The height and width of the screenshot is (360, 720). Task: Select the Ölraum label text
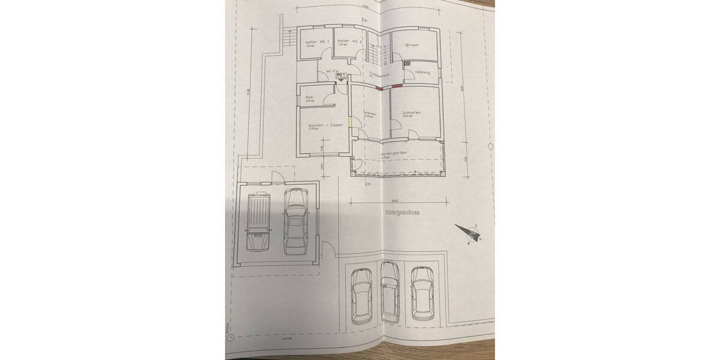click(412, 45)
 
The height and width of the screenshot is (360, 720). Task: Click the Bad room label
click(310, 97)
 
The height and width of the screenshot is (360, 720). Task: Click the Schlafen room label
click(412, 113)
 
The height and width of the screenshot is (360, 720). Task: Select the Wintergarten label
click(394, 154)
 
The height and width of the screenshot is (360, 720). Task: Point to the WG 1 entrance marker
click(341, 75)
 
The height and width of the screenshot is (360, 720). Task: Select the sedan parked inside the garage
click(295, 220)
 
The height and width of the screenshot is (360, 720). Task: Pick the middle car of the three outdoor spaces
click(391, 292)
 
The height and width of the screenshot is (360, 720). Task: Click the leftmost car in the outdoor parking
click(361, 295)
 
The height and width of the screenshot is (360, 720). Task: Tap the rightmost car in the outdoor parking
click(422, 292)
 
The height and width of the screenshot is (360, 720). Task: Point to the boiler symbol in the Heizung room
click(407, 62)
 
